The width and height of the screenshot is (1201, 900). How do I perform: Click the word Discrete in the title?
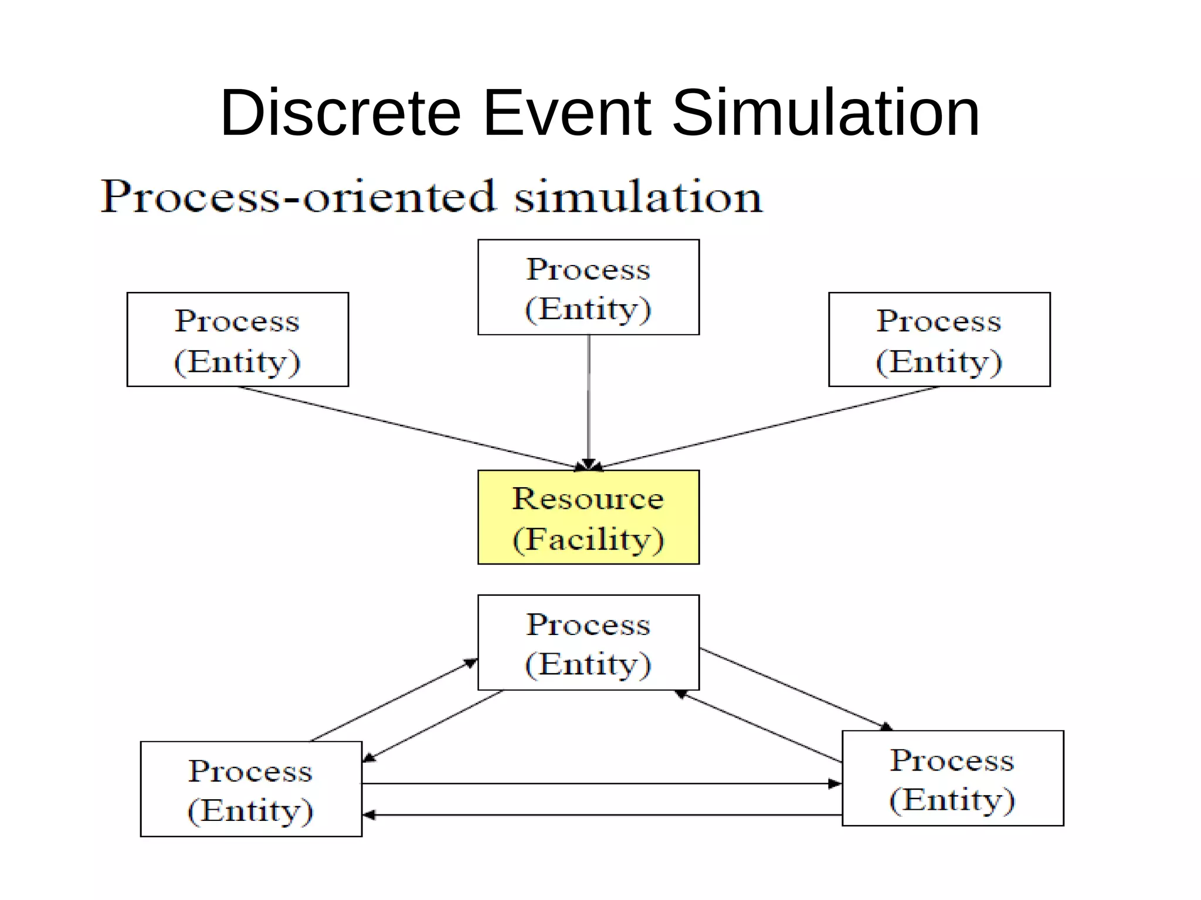tap(341, 113)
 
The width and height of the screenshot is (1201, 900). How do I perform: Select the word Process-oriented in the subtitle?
tap(298, 197)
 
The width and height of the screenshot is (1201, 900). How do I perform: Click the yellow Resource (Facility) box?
tap(588, 517)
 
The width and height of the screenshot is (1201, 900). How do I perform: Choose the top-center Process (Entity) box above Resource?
tap(588, 287)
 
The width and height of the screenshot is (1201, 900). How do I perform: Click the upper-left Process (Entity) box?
tap(238, 339)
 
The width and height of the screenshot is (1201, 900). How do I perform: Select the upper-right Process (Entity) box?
tap(939, 339)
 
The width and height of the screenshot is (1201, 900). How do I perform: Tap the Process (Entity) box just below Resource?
tap(588, 643)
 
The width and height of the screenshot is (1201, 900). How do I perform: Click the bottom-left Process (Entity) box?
tap(251, 789)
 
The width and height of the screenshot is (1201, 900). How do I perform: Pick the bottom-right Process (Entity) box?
tap(952, 778)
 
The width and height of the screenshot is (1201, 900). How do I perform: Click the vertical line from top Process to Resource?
tap(589, 399)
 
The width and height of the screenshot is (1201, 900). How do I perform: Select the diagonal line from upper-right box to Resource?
tap(768, 427)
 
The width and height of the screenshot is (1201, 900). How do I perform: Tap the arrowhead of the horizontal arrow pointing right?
tap(834, 783)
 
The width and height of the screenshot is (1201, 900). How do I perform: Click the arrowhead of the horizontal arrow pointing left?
tap(369, 815)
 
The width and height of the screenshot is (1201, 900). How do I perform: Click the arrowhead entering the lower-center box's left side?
tap(471, 663)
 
